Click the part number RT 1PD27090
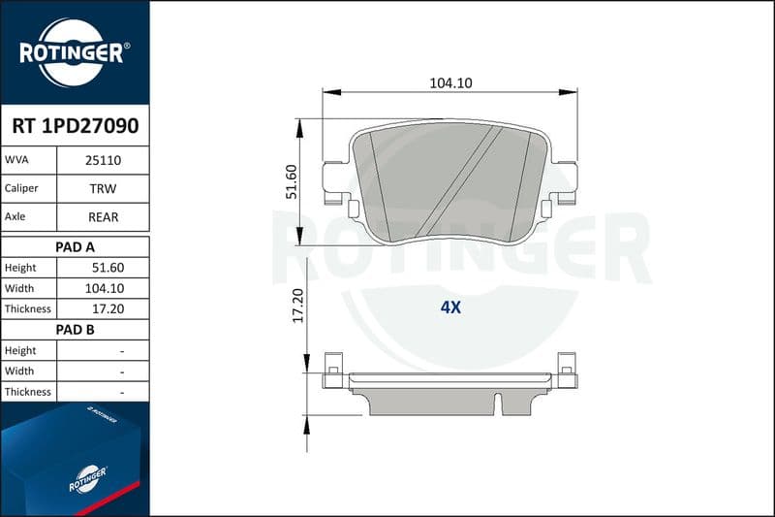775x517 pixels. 76,126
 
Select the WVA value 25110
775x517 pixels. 103,160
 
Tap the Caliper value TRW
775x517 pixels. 103,188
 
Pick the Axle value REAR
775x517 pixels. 103,217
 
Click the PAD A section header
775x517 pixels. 76,247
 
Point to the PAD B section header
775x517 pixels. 76,330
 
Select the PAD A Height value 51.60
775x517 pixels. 108,268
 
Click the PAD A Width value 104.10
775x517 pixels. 105,288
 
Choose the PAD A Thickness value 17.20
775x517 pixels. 108,308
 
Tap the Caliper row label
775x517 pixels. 21,188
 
